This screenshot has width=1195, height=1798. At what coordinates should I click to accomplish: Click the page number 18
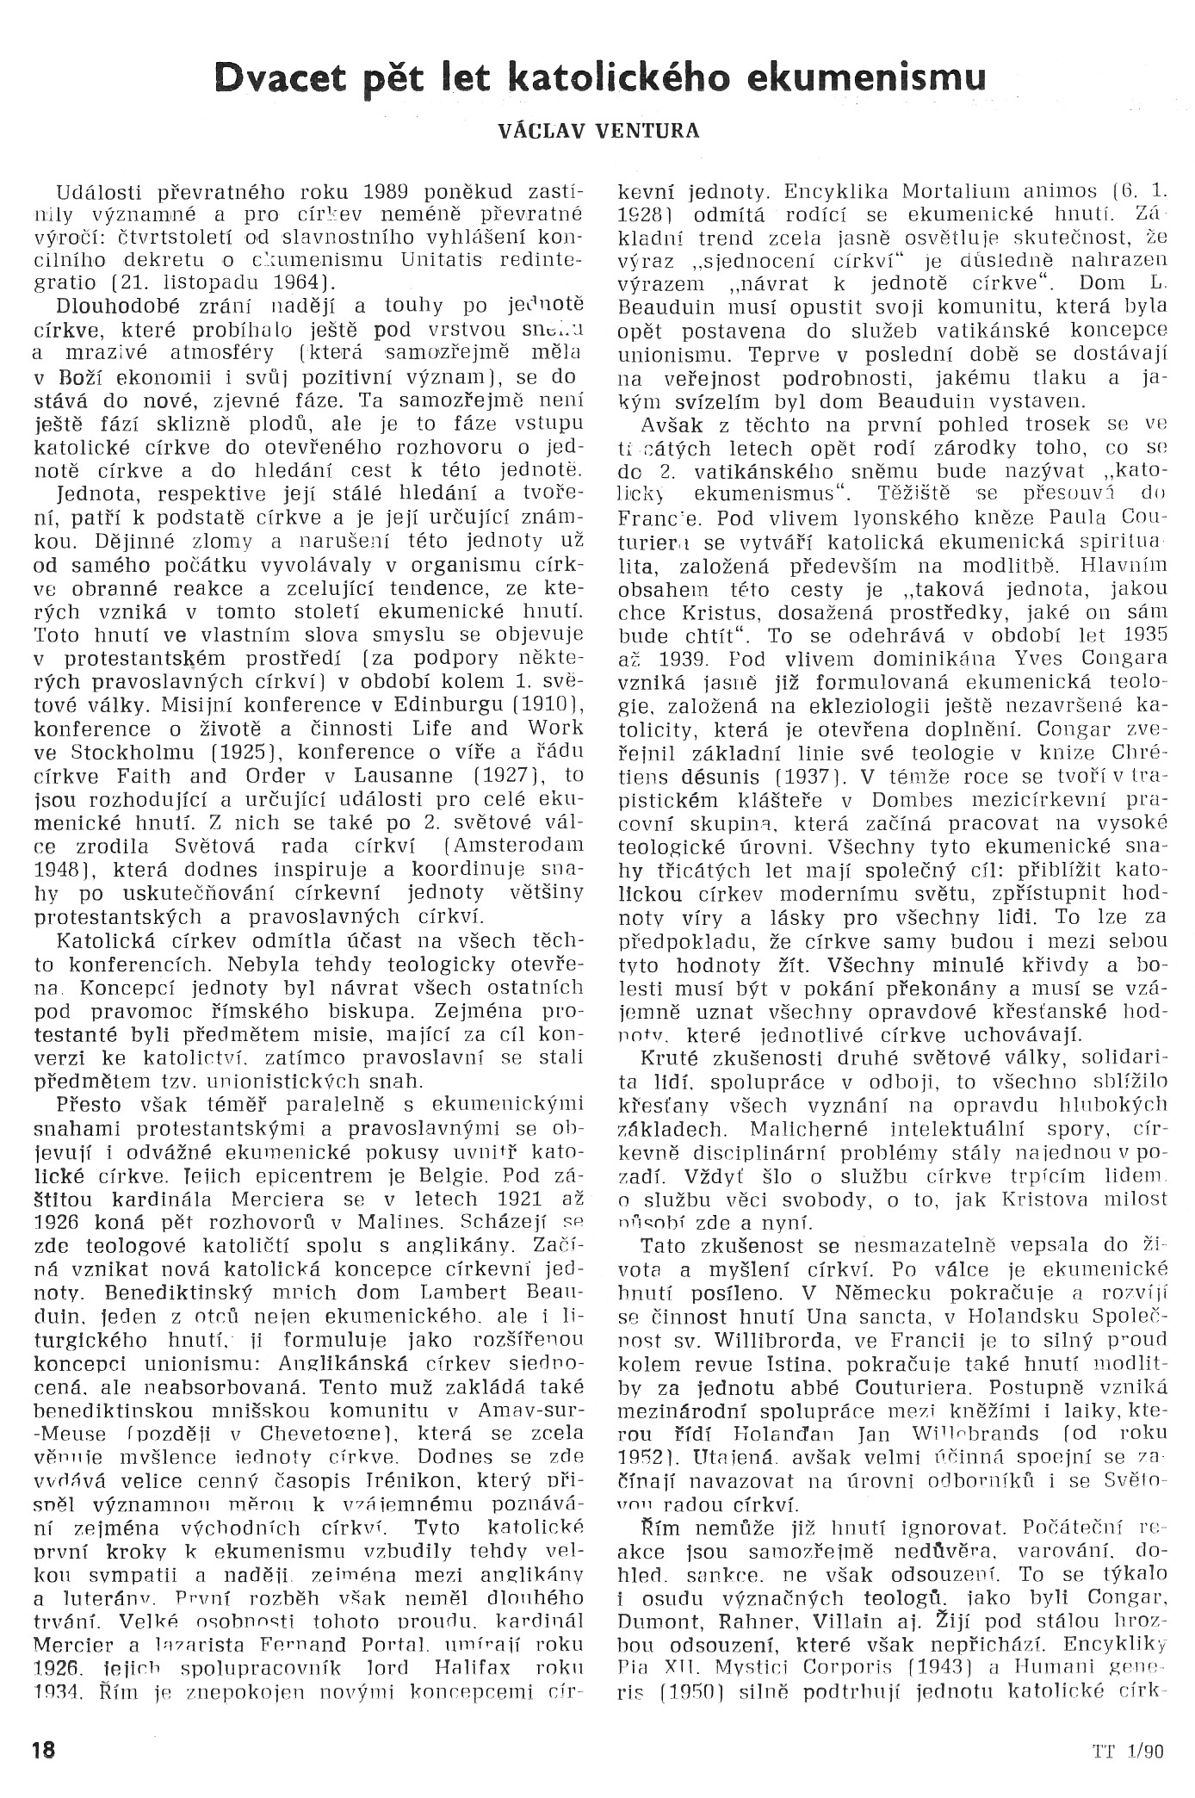coord(43,1725)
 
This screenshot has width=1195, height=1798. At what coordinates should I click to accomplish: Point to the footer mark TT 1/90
coord(1129,1725)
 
